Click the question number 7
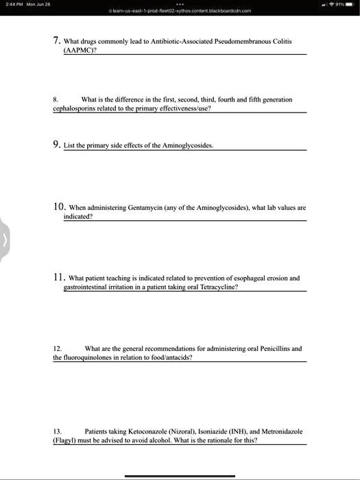pyautogui.click(x=57, y=40)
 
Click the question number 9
pyautogui.click(x=57, y=145)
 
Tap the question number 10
pyautogui.click(x=59, y=206)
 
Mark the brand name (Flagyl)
pyautogui.click(x=66, y=441)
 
